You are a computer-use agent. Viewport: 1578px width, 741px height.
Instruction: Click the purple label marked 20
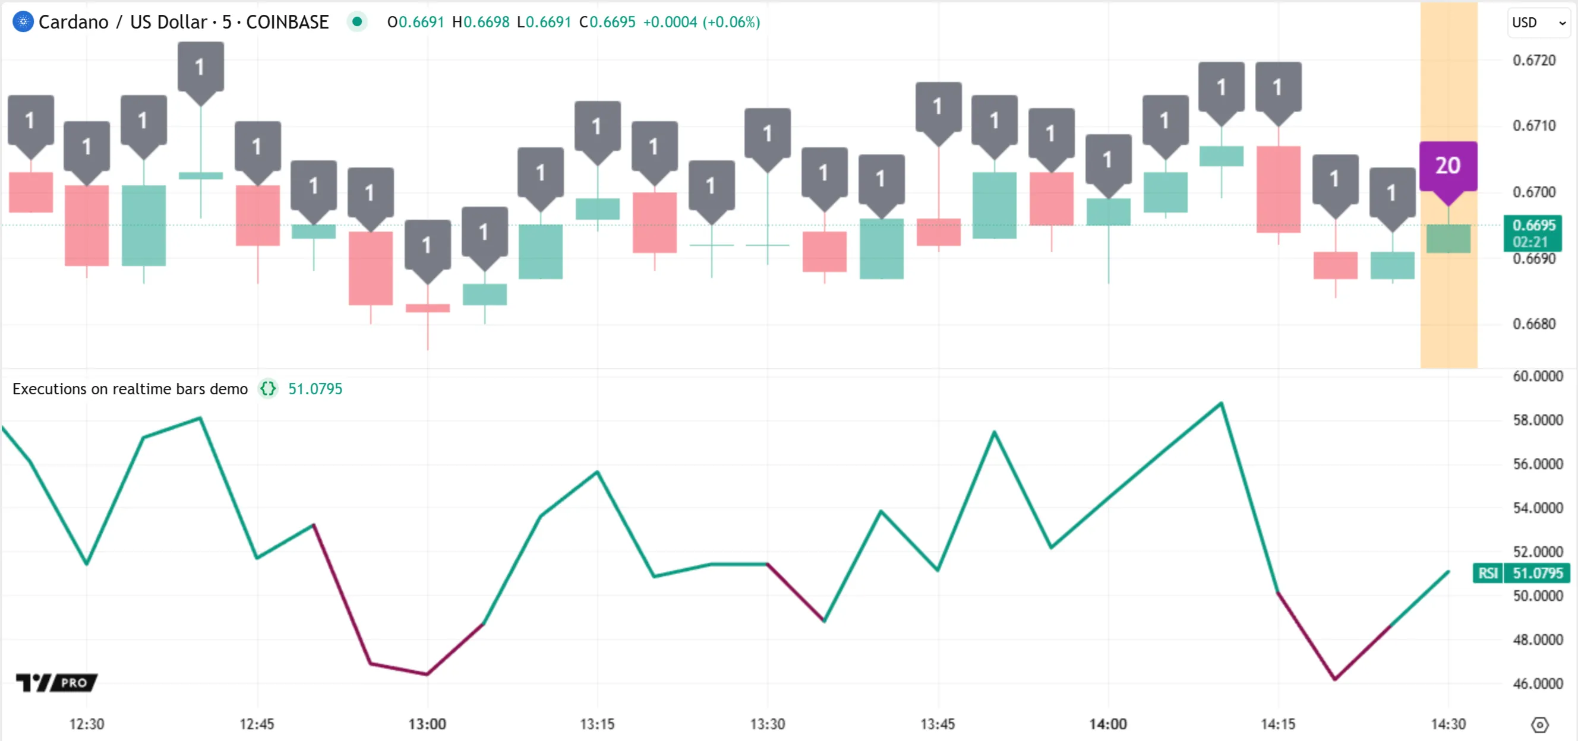click(1448, 166)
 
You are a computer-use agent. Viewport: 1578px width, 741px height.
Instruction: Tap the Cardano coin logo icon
click(23, 22)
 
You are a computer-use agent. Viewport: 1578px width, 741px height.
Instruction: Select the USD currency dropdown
click(1538, 23)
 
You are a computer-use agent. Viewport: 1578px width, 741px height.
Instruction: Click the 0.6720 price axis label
click(1534, 60)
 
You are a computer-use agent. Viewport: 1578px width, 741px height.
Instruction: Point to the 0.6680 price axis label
click(1534, 324)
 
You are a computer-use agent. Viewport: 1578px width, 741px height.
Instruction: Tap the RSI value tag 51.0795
click(1538, 573)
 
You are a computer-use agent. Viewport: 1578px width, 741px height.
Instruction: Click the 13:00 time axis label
click(427, 724)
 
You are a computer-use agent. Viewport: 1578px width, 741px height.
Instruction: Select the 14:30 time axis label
click(1448, 724)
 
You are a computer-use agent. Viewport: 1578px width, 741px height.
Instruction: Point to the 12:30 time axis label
click(86, 724)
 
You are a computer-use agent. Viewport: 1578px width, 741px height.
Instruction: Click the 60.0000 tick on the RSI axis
click(1538, 376)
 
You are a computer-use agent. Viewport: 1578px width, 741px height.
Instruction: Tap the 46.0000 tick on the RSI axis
click(1538, 683)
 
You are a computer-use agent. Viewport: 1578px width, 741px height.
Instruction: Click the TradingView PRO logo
click(56, 682)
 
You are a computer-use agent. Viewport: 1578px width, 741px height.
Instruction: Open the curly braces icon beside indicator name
click(268, 389)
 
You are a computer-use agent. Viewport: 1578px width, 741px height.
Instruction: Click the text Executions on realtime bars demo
click(130, 389)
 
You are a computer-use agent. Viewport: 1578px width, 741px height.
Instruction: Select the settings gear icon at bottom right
click(1539, 725)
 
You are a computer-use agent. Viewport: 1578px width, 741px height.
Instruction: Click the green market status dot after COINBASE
click(357, 22)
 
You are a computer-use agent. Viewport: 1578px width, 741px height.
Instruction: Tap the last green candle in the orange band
click(1448, 238)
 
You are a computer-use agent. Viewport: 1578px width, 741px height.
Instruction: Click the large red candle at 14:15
click(1278, 189)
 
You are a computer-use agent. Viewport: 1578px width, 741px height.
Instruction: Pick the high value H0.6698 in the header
click(480, 22)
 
